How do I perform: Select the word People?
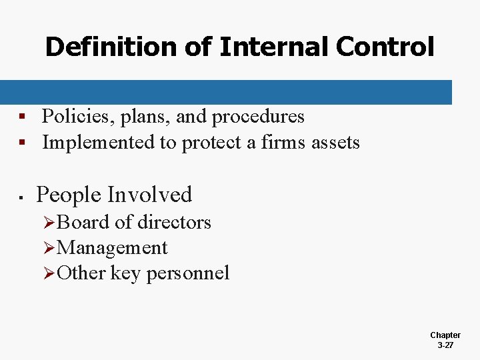pyautogui.click(x=68, y=195)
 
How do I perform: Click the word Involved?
pyautogui.click(x=149, y=195)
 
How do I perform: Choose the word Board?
pyautogui.click(x=81, y=222)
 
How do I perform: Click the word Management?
pyautogui.click(x=113, y=248)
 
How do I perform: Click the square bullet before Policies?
pyautogui.click(x=22, y=117)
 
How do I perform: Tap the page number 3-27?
pyautogui.click(x=445, y=345)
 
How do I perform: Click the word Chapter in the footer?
pyautogui.click(x=445, y=335)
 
